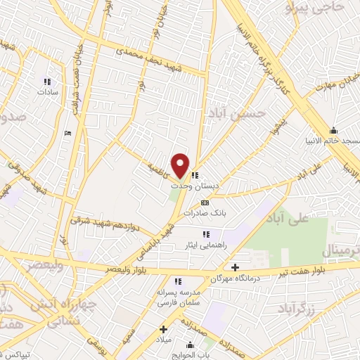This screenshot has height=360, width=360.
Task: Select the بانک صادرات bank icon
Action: [205, 202]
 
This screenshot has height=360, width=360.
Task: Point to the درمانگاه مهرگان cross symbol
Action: [235, 267]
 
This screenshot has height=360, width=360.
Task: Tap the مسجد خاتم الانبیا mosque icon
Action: [333, 130]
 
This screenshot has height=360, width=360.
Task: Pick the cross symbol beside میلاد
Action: [164, 329]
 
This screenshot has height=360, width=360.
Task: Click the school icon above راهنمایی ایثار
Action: [205, 234]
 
